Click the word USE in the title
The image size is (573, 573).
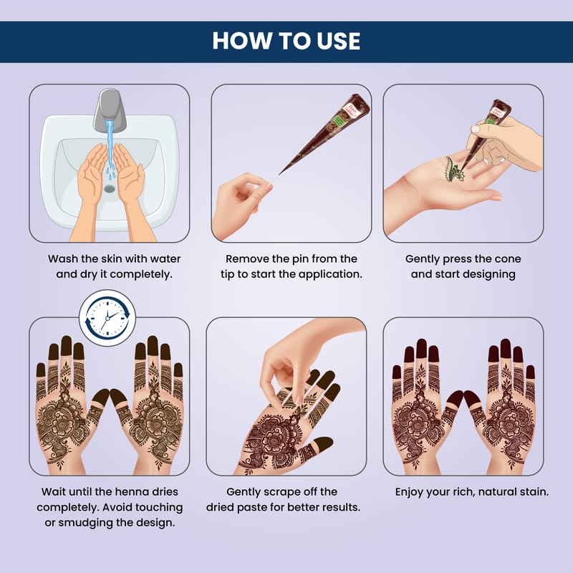338,41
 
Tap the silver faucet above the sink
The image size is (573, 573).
110,110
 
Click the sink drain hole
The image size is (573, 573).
110,188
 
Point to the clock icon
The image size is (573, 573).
107,318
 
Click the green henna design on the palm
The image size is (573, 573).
453,169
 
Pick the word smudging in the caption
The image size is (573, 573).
85,523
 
